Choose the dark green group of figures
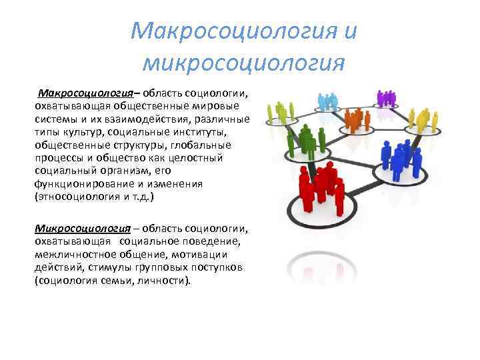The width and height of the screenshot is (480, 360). [307, 139]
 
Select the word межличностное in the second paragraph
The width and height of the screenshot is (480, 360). [76, 255]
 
